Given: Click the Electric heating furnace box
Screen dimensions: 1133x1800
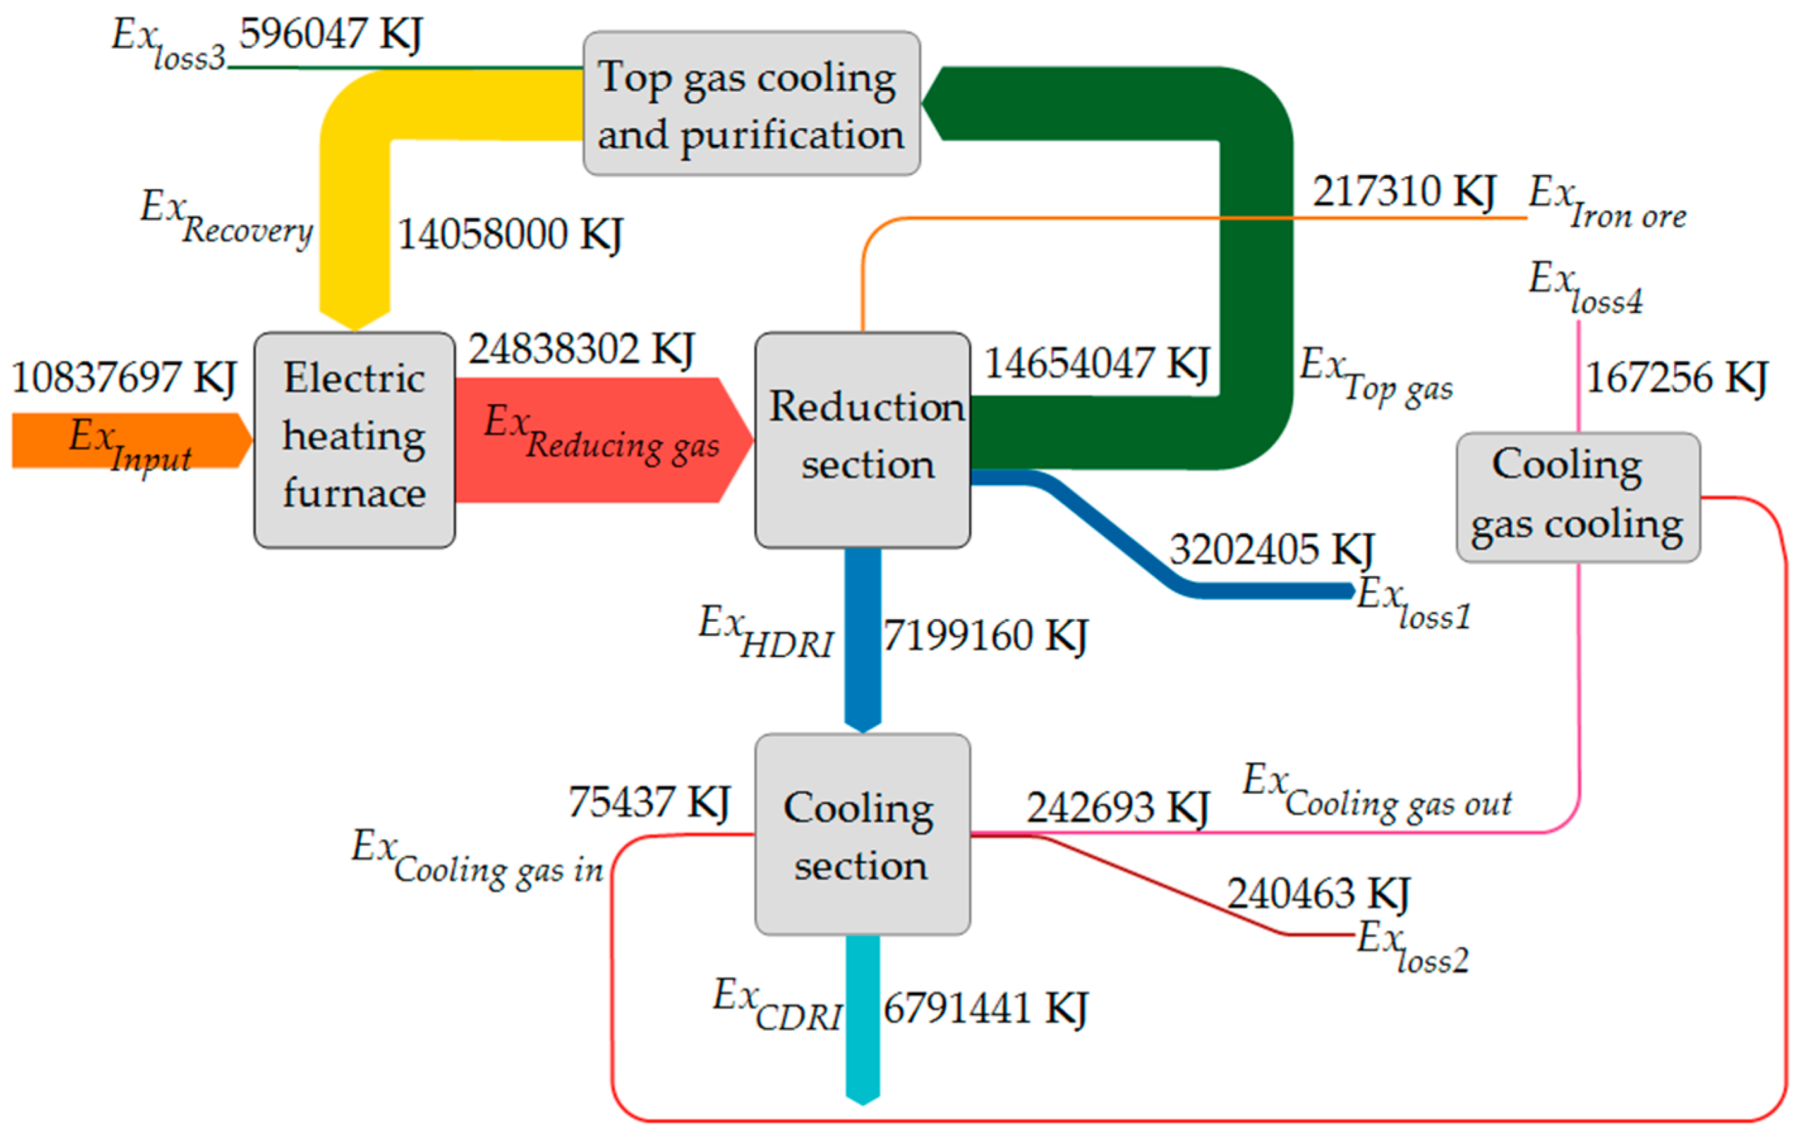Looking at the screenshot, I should (354, 440).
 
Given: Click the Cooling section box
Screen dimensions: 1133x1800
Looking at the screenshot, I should (862, 834).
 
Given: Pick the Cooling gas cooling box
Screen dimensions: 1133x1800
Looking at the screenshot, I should (1578, 497).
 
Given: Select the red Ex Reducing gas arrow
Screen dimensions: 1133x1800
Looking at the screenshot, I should (601, 440).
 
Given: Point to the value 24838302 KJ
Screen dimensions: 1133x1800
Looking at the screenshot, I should (581, 349).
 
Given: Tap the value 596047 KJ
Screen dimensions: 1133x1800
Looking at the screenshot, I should (330, 34).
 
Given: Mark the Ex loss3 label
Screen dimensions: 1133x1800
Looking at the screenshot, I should (168, 45).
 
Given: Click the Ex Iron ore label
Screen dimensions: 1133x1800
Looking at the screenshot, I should (1607, 202).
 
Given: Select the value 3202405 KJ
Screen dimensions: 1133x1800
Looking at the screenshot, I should (1272, 550).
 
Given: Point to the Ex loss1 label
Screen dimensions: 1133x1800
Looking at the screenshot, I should (1413, 604).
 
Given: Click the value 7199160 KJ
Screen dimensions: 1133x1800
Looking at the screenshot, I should (985, 636).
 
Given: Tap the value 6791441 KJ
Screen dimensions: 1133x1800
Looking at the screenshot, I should (985, 1008).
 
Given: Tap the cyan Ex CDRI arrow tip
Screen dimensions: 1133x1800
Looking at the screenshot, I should (862, 1097).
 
